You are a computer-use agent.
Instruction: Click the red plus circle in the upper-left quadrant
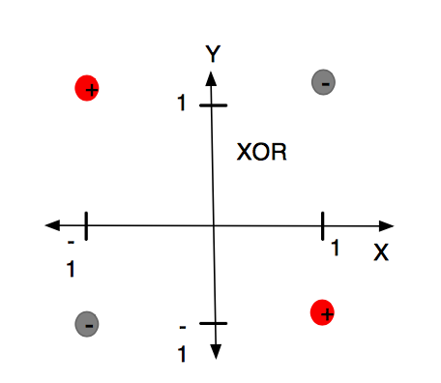click(87, 88)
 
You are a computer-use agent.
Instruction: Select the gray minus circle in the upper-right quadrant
click(323, 84)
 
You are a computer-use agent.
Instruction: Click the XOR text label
click(262, 153)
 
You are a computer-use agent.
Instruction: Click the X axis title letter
click(381, 252)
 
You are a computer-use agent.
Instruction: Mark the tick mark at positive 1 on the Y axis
click(213, 103)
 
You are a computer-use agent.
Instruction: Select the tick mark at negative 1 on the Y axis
click(214, 323)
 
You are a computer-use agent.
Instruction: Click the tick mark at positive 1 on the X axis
click(322, 225)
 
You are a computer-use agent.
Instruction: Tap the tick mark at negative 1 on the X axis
click(86, 226)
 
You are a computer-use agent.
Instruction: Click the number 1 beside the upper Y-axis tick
click(181, 103)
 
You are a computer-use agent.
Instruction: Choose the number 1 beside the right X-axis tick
click(336, 250)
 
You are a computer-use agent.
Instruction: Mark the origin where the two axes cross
click(213, 226)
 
